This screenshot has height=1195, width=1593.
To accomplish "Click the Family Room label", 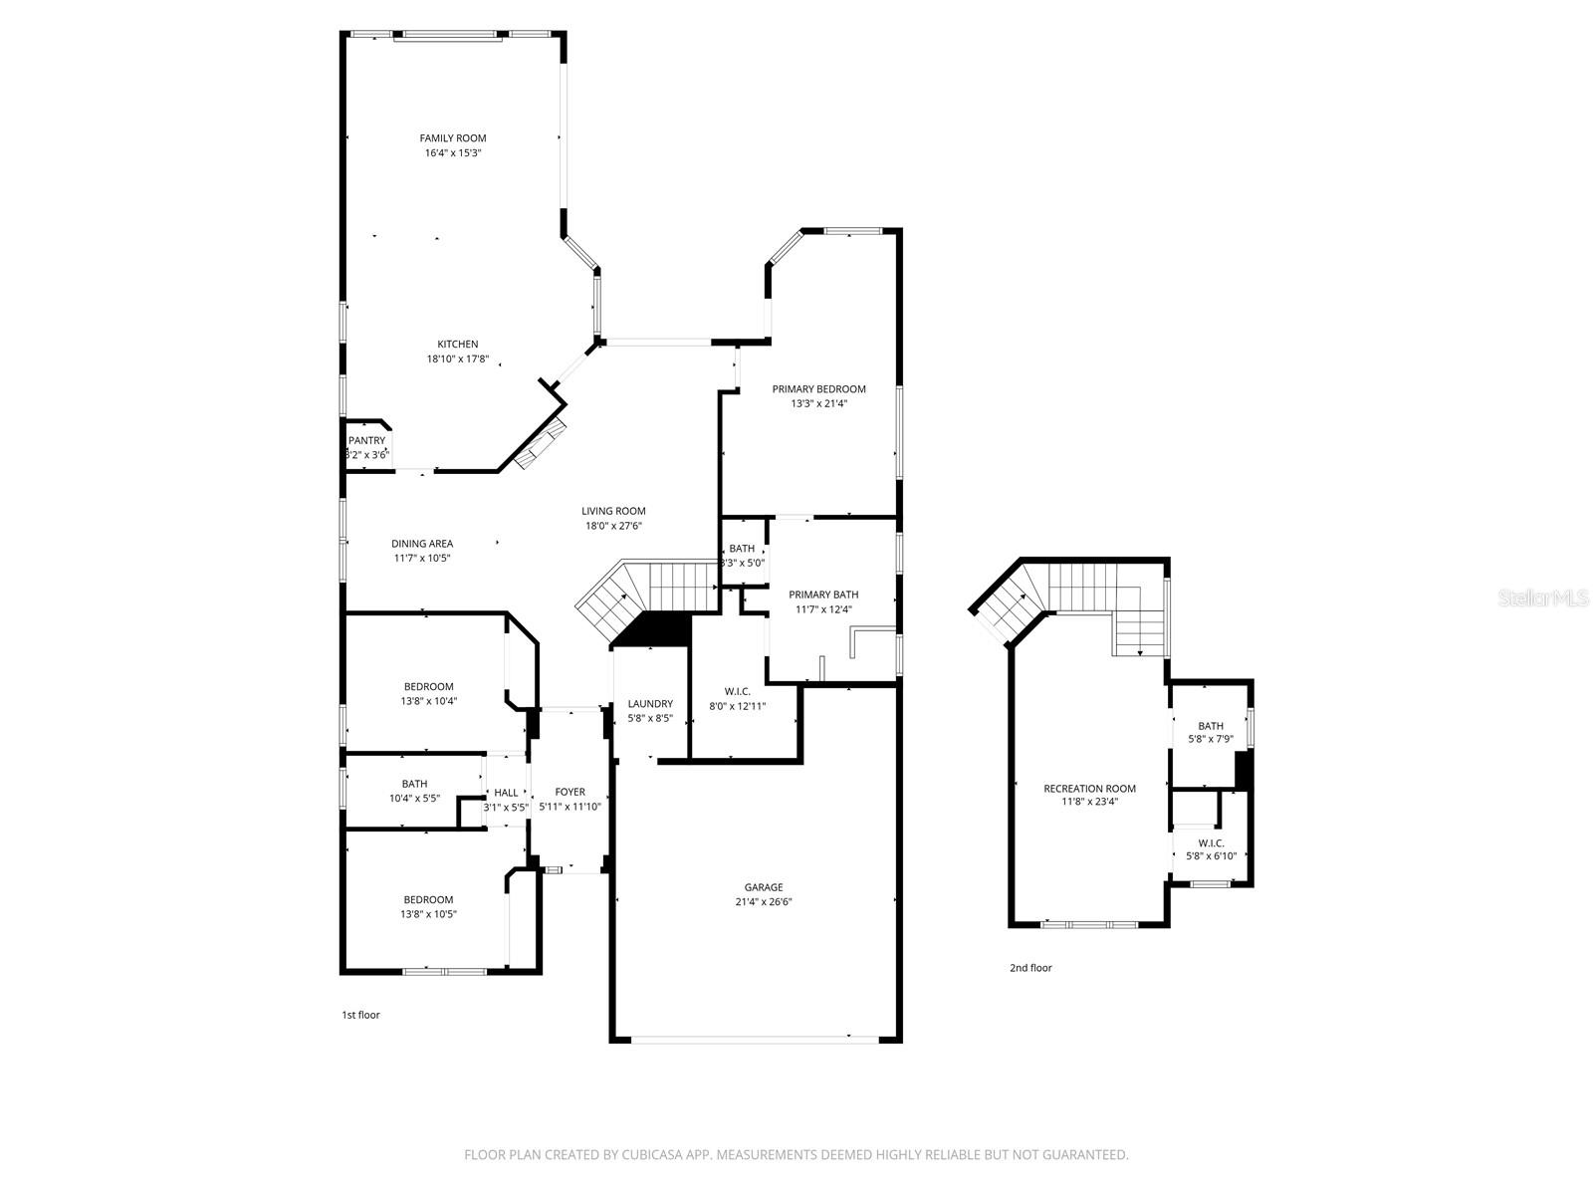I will (452, 138).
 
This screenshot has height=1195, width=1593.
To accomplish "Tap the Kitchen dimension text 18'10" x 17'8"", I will (457, 359).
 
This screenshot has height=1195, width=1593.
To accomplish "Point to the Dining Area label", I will (422, 544).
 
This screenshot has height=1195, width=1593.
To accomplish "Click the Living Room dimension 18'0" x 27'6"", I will (613, 526).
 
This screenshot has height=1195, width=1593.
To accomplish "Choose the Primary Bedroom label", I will (818, 389).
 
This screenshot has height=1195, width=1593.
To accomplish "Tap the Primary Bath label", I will (823, 595).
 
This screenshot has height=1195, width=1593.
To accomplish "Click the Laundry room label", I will (650, 704).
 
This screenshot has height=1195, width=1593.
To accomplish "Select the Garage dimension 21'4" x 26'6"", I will (764, 902).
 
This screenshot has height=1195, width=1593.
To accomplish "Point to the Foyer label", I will (569, 793).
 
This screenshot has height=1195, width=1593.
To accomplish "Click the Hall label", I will (506, 793).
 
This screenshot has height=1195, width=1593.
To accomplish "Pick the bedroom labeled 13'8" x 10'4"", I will (429, 694).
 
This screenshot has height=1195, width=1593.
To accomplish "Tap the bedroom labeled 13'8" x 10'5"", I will (429, 906).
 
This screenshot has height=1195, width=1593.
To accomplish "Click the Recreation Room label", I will (1089, 789).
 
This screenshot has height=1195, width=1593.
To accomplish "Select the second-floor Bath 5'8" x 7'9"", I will (1211, 733).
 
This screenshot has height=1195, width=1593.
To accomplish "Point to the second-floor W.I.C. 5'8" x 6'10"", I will (1212, 849).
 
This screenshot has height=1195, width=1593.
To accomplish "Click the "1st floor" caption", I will (360, 1016).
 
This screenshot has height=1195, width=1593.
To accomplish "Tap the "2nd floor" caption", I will (1030, 968).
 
